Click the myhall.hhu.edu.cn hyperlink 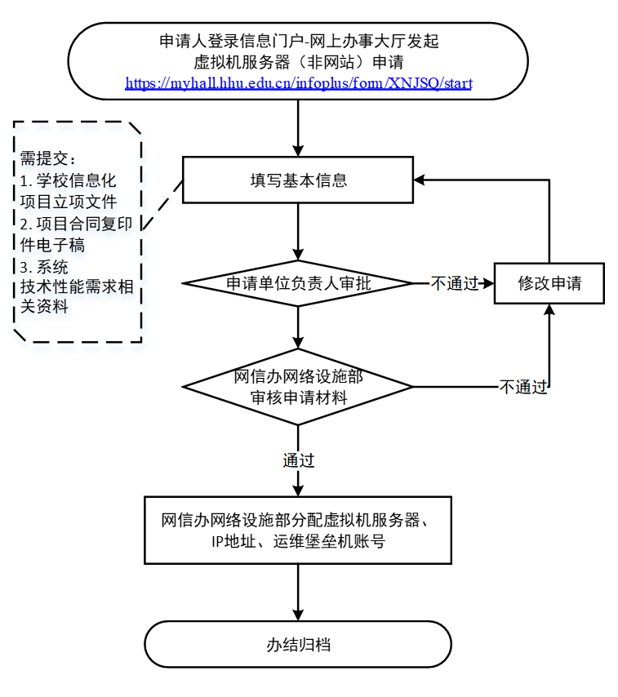point(299,83)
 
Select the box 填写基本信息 point(299,180)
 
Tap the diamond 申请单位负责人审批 point(299,283)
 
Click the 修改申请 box point(549,283)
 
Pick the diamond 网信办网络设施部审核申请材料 point(299,387)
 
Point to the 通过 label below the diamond point(299,460)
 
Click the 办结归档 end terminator point(299,644)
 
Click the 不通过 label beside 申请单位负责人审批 point(455,283)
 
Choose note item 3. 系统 point(44,266)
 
